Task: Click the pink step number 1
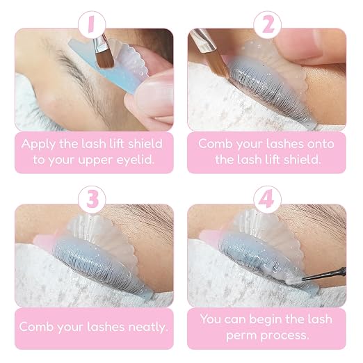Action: coord(91,24)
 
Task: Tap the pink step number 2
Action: coord(268,24)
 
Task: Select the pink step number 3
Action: coord(92,200)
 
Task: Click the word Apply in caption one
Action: coord(39,145)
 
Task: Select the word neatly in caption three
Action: coord(148,328)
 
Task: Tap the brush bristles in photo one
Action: coord(104,60)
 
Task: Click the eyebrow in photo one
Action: coord(76,74)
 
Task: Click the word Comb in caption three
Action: coord(37,327)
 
